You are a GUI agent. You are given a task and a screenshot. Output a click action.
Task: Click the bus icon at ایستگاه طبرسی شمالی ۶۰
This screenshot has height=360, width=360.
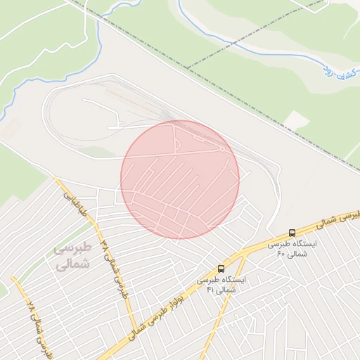click(x=292, y=233)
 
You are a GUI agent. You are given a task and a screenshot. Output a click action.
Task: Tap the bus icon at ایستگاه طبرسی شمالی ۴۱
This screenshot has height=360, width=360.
click(x=221, y=269)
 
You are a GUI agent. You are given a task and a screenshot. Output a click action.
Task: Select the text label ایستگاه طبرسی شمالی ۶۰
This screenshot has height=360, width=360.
click(x=292, y=248)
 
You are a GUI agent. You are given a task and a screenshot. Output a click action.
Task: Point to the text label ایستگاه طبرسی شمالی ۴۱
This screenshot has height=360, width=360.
click(x=221, y=284)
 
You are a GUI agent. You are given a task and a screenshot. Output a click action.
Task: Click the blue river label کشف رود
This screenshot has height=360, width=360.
click(x=336, y=68)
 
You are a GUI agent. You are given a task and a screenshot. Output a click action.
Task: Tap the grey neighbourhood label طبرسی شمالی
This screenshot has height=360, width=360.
click(x=72, y=256)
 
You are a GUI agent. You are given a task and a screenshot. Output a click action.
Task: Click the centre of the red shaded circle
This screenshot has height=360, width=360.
click(x=180, y=179)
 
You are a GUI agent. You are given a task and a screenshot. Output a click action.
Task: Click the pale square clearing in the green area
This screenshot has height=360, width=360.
click(x=296, y=120)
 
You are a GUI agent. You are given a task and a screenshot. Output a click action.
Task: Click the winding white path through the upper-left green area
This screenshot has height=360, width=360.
click(x=87, y=35)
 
